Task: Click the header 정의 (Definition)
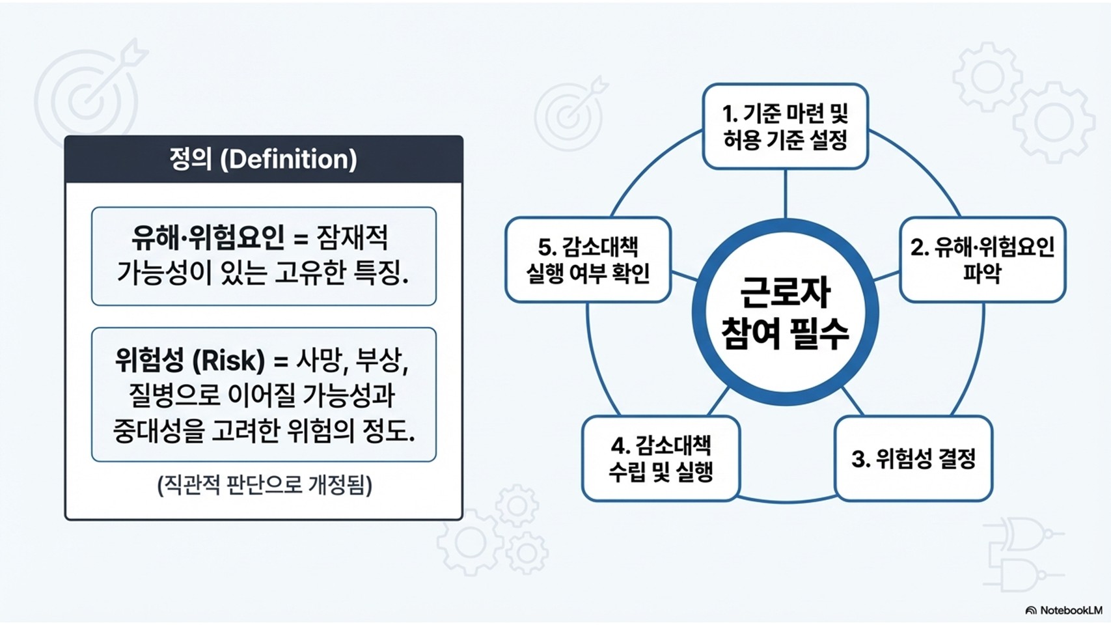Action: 264,160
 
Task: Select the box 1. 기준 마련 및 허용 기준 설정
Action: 785,126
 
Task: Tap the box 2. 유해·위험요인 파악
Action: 981,260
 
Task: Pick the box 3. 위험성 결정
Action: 913,459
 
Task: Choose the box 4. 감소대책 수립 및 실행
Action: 661,459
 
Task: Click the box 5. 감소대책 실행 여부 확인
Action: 588,260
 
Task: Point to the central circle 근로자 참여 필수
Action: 785,313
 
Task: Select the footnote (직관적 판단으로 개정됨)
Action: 264,485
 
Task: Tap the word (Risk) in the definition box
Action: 229,360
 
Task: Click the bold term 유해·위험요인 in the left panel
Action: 208,238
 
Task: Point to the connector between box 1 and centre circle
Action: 785,193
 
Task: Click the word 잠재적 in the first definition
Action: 352,238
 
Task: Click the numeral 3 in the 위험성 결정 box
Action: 859,459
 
